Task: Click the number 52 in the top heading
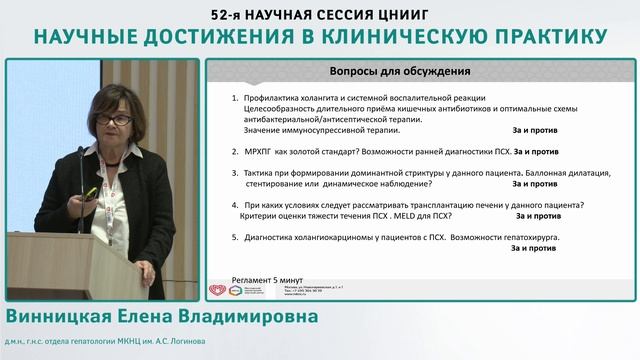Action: (224, 14)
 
